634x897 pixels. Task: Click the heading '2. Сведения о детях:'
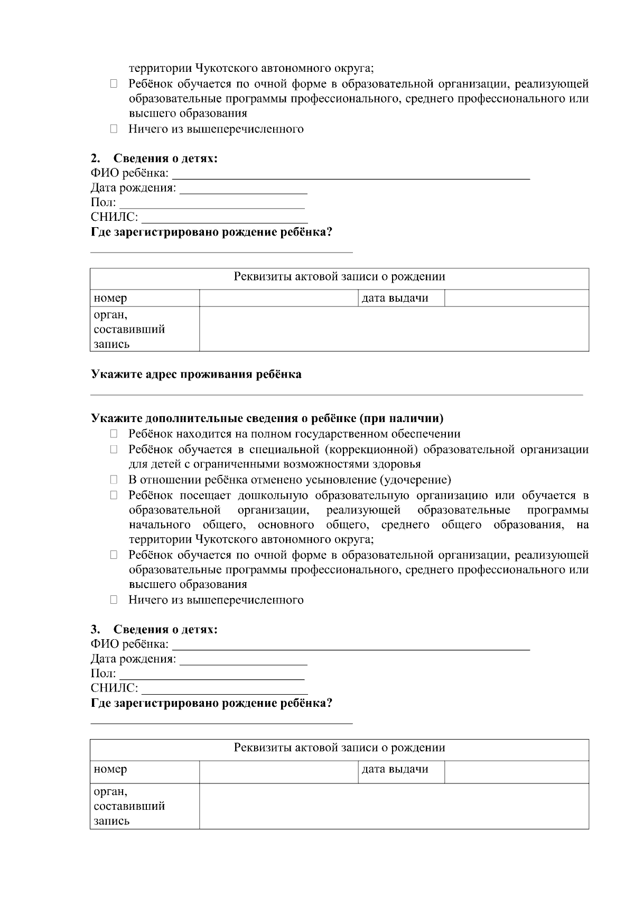154,158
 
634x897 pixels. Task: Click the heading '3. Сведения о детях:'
154,629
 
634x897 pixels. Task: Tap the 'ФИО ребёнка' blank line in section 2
351,174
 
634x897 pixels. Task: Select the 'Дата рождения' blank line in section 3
244,660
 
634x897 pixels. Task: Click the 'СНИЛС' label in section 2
114,217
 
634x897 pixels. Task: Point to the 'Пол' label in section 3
103,674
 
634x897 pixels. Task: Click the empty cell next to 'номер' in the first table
279,298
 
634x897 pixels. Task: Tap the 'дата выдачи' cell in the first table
395,298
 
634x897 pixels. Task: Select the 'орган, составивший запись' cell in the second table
129,806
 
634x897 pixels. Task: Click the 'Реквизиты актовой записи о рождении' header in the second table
339,747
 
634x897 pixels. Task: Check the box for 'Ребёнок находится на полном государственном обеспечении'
114,434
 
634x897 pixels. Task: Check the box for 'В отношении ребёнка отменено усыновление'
114,480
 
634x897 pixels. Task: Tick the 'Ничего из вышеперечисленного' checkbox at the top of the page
114,129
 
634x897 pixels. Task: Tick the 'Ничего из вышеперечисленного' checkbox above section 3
114,600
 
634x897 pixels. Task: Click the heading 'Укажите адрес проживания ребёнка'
196,374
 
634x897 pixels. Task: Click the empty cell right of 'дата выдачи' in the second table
516,769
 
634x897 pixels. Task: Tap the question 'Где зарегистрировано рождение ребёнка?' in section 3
211,703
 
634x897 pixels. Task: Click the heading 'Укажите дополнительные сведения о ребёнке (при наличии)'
267,418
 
